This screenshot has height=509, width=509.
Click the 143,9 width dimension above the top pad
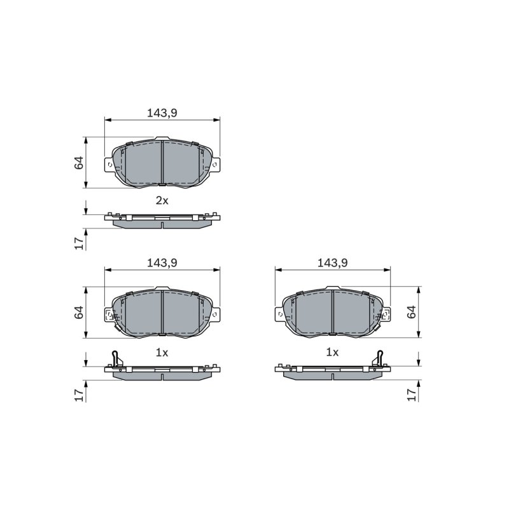(x=162, y=113)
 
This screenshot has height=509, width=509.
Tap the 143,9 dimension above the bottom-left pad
(x=162, y=263)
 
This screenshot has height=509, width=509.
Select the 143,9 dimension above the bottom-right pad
(x=332, y=263)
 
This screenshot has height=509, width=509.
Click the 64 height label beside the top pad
(x=79, y=163)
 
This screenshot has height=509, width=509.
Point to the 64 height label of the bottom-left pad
(x=79, y=312)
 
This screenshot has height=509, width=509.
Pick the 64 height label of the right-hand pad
(x=411, y=312)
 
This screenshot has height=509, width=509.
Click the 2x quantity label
(x=162, y=200)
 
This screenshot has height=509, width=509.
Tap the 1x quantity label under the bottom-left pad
(x=162, y=352)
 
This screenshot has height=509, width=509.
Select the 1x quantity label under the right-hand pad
(x=332, y=352)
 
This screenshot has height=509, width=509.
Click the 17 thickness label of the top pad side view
(x=79, y=243)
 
